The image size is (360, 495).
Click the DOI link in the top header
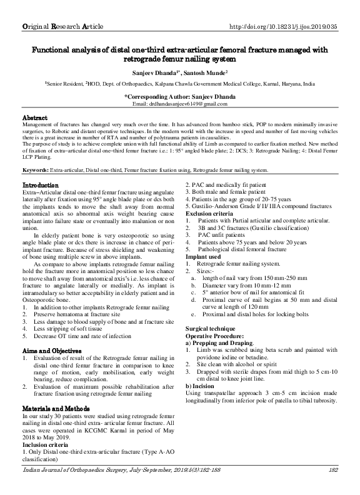[283, 27]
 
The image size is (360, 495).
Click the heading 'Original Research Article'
[61, 27]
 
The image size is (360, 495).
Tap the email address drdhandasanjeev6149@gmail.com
[180, 104]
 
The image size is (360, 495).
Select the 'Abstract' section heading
[35, 117]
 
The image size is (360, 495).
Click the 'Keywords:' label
[37, 152]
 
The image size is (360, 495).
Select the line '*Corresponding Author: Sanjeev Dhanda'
[180, 96]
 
